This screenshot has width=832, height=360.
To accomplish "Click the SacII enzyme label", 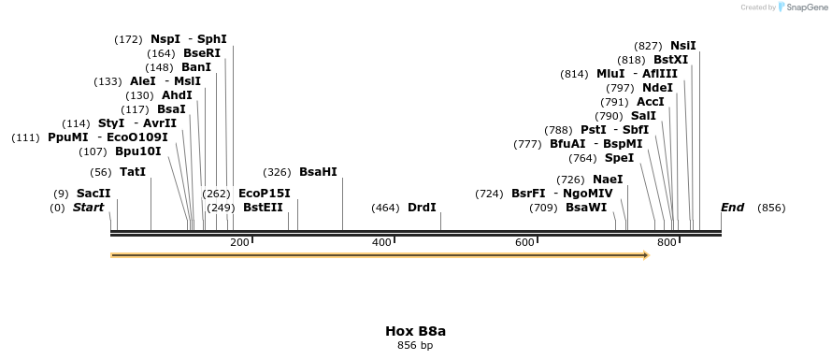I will pyautogui.click(x=93, y=194).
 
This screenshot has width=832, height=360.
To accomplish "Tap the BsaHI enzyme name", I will pyautogui.click(x=318, y=172).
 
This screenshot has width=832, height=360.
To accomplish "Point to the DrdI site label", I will pyautogui.click(x=422, y=208).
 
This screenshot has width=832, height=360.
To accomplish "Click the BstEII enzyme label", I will pyautogui.click(x=263, y=208).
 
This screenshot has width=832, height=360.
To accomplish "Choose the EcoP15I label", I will pyautogui.click(x=265, y=194).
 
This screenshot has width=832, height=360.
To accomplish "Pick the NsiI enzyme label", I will pyautogui.click(x=683, y=45).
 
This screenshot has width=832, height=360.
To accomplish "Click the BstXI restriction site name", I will pyautogui.click(x=670, y=60).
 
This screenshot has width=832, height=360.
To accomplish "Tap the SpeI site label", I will pyautogui.click(x=619, y=158).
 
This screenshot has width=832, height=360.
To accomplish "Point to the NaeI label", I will pyautogui.click(x=608, y=180).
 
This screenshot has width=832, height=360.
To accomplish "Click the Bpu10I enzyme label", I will pyautogui.click(x=138, y=151).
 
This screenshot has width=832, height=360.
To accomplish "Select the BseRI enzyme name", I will pyautogui.click(x=201, y=53).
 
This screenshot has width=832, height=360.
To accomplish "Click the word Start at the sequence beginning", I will pyautogui.click(x=89, y=208).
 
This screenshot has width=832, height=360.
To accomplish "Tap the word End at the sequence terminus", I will pyautogui.click(x=732, y=208).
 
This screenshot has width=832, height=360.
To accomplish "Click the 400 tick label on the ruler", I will pyautogui.click(x=381, y=243).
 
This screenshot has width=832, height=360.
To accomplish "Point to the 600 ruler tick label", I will pyautogui.click(x=524, y=243).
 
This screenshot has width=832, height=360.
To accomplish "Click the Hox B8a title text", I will pyautogui.click(x=415, y=331).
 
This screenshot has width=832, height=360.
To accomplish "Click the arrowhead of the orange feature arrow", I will pyautogui.click(x=647, y=254).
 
